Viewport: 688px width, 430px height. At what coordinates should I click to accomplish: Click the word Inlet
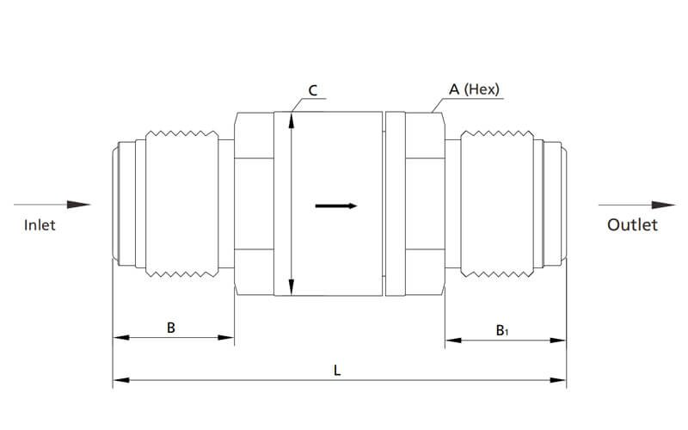tap(40, 225)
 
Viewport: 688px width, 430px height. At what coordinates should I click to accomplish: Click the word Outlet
tap(632, 225)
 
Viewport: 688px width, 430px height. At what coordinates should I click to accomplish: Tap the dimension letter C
tap(313, 89)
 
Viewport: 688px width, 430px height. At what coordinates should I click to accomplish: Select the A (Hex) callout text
tap(474, 89)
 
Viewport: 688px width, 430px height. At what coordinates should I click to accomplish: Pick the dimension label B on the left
tap(171, 328)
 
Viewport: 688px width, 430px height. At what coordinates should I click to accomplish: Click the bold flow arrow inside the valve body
tap(336, 206)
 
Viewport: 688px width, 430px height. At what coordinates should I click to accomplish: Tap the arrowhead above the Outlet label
tap(663, 205)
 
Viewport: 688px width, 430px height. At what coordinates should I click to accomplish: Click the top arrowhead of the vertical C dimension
tap(292, 119)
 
